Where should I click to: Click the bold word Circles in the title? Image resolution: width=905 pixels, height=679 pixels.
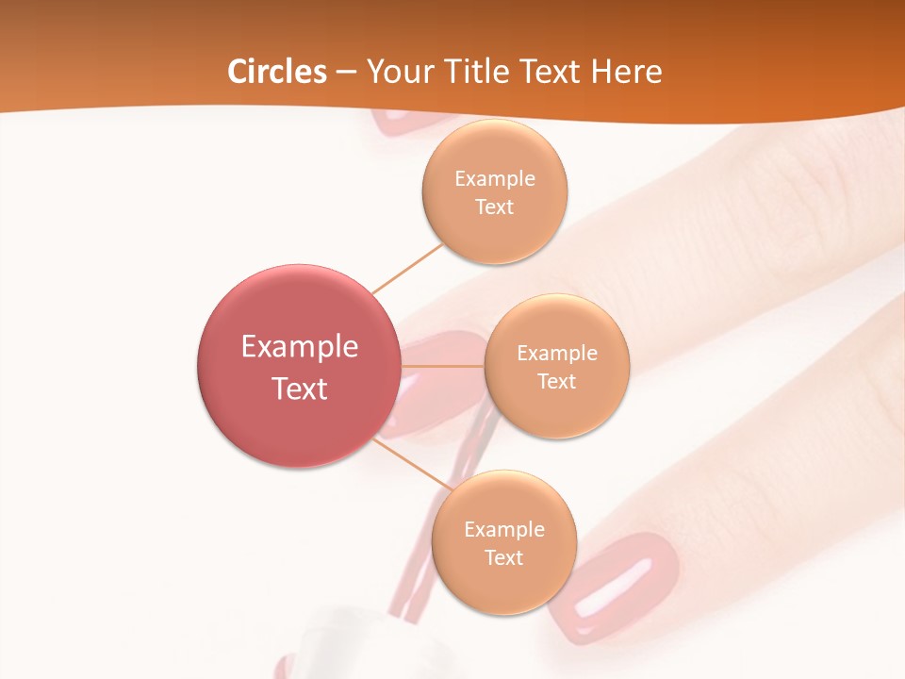coord(277,72)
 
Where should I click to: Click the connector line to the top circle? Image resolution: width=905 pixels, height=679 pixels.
coord(407,268)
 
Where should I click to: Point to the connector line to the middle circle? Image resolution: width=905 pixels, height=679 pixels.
coord(443,366)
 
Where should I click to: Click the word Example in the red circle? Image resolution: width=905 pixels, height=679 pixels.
coord(300,347)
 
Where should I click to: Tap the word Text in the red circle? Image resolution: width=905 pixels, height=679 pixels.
coord(300,389)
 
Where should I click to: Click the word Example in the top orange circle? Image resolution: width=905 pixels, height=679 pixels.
coord(495,178)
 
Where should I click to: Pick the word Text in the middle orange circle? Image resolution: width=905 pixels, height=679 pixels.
coord(557,381)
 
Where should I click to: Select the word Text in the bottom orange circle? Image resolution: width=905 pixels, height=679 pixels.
coord(504,557)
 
